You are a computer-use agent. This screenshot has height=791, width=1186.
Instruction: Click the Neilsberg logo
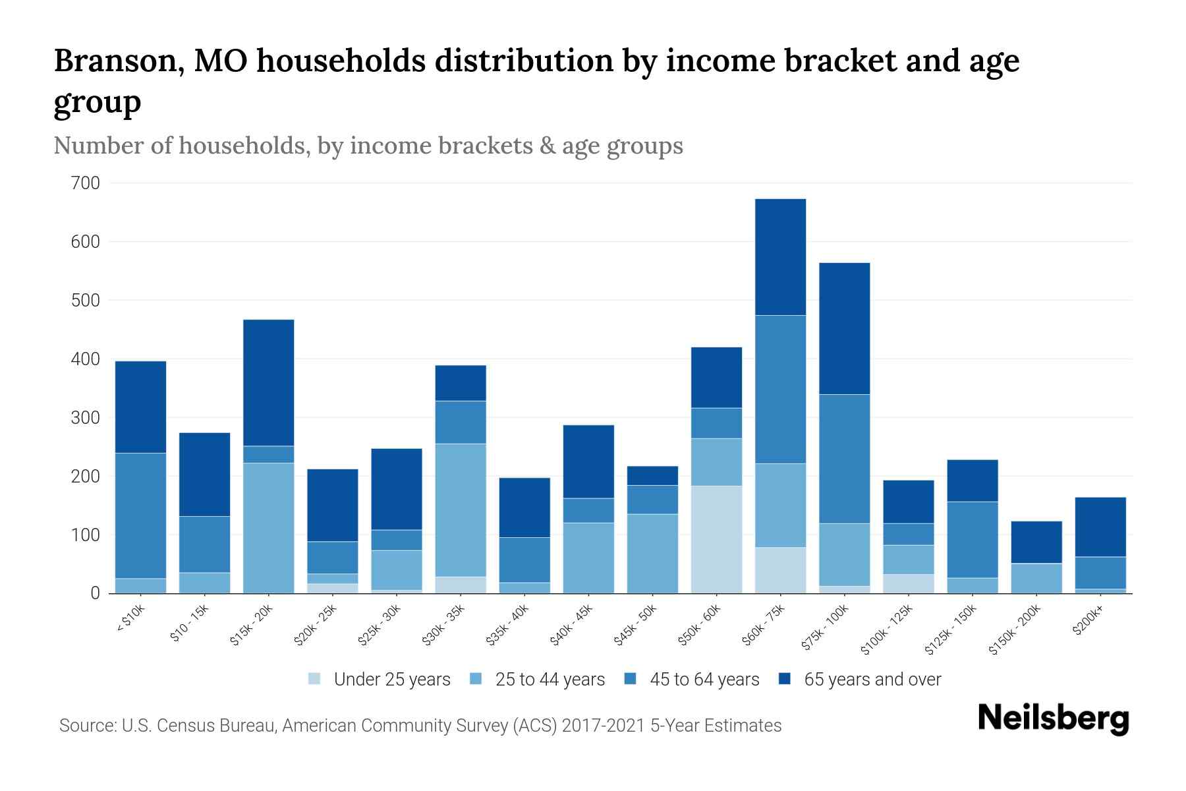click(x=1053, y=718)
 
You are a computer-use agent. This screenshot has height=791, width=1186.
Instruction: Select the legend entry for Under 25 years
click(x=380, y=680)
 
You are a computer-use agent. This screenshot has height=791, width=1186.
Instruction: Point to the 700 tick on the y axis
click(x=85, y=183)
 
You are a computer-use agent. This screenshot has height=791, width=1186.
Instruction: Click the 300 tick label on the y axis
click(x=85, y=418)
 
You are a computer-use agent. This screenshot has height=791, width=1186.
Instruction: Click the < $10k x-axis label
click(x=130, y=620)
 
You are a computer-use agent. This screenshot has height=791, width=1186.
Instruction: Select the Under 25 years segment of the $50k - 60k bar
click(x=716, y=539)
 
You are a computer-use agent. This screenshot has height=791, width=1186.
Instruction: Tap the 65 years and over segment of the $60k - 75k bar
click(x=780, y=257)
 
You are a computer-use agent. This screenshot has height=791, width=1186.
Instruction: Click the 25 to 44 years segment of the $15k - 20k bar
click(x=268, y=527)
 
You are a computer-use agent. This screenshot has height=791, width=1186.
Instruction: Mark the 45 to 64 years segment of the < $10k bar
click(x=140, y=515)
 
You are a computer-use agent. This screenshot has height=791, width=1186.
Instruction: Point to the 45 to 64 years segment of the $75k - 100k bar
click(x=844, y=459)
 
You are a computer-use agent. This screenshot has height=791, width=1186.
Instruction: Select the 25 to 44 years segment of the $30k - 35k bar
click(x=461, y=510)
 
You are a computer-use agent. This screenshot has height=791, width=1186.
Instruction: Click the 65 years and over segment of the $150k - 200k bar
click(x=1036, y=542)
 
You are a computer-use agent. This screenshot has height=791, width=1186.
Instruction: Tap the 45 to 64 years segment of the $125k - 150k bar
click(x=973, y=539)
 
